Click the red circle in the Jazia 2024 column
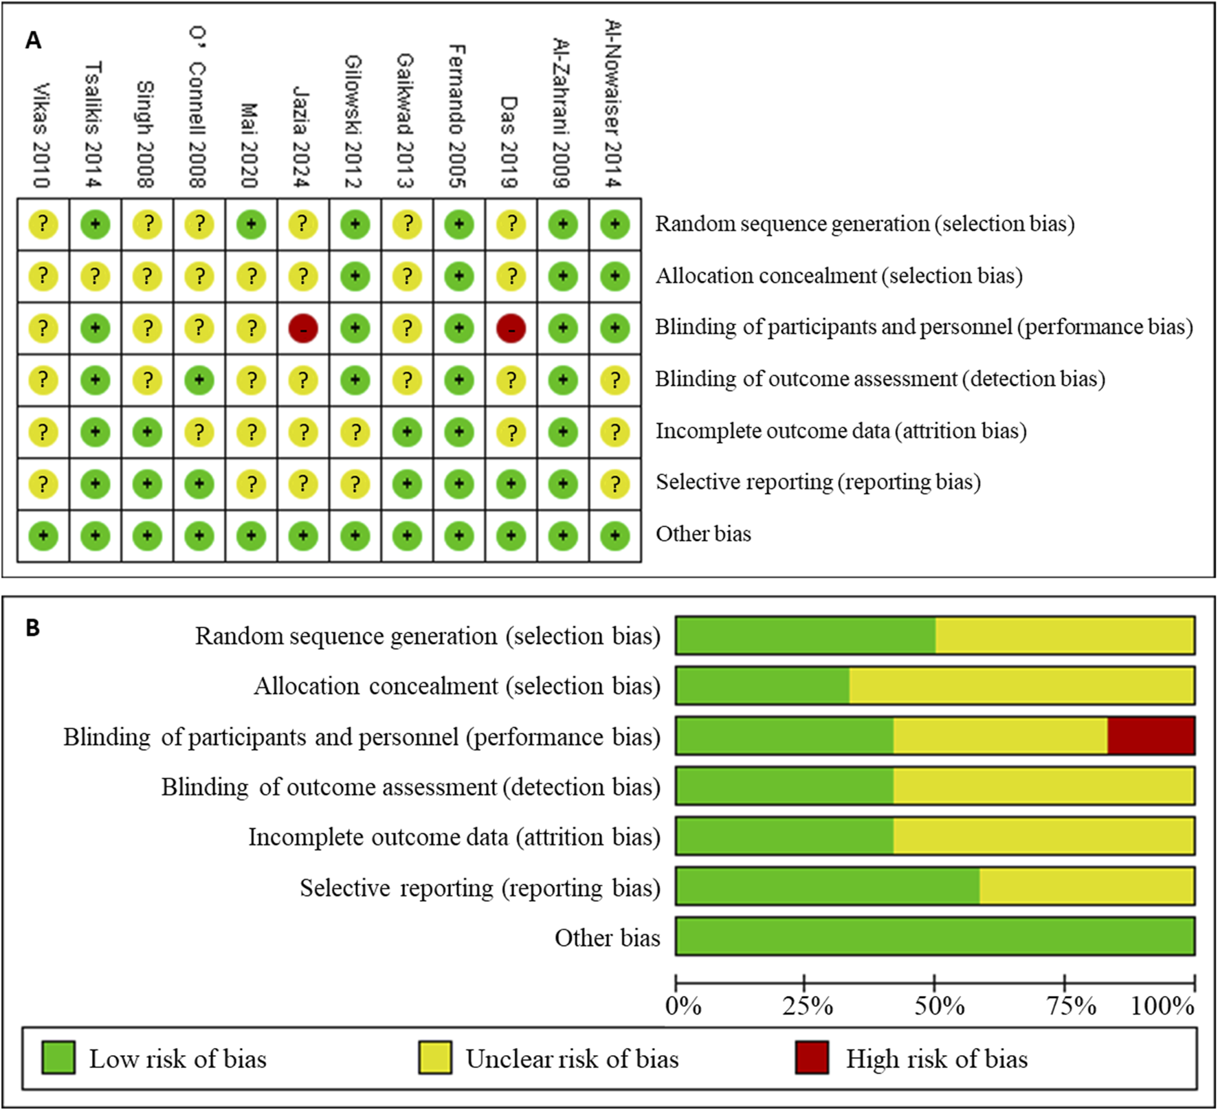[x=303, y=329]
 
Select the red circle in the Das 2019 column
[x=511, y=329]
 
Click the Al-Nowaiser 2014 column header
[x=614, y=103]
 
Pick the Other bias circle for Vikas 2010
[x=43, y=535]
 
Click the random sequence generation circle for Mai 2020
[x=251, y=224]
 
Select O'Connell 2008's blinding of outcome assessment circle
[x=199, y=380]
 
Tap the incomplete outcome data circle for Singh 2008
[x=147, y=432]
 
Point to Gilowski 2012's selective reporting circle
[x=355, y=484]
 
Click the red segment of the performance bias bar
[x=1151, y=735]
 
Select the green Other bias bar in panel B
[x=935, y=936]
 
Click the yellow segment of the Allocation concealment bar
[x=1022, y=685]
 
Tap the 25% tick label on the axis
[x=808, y=1006]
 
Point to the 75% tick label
[x=1071, y=1006]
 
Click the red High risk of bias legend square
[x=812, y=1058]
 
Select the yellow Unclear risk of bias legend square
[x=435, y=1058]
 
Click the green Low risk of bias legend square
[x=58, y=1058]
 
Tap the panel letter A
[x=33, y=41]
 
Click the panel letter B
[x=32, y=628]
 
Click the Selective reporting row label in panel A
[x=818, y=482]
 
